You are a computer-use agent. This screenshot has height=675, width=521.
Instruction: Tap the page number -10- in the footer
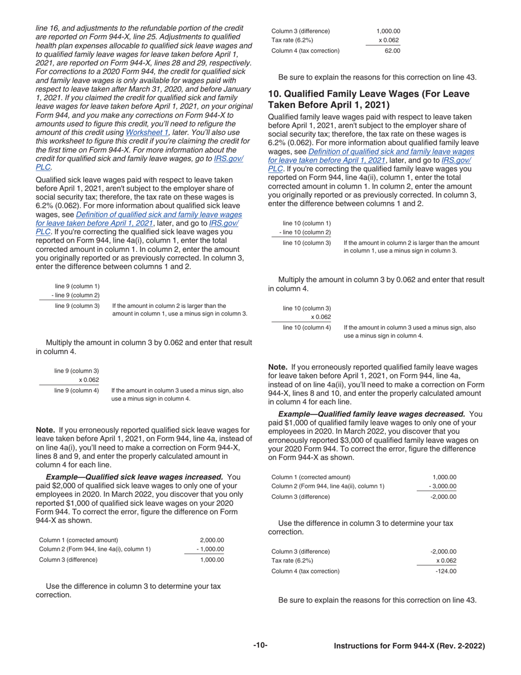tap(260, 645)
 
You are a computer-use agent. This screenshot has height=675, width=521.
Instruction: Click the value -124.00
tap(445, 571)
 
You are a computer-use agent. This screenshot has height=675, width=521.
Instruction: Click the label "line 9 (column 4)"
tap(76, 391)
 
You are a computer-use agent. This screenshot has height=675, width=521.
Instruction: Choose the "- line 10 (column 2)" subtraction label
tap(304, 233)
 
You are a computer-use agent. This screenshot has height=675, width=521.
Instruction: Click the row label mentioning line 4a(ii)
tap(328, 486)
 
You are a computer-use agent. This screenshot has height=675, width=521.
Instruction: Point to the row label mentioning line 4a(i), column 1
tap(95, 549)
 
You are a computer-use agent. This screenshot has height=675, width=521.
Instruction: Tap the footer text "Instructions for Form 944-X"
tap(383, 646)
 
